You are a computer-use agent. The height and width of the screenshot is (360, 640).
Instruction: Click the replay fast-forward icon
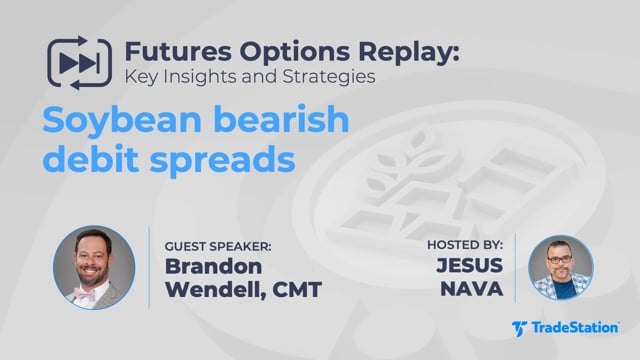(x=80, y=63)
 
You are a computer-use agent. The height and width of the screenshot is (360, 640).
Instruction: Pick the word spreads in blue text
(x=222, y=161)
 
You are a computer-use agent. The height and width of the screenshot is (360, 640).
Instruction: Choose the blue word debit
(x=90, y=158)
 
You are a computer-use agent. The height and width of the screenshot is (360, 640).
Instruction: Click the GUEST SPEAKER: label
(x=218, y=247)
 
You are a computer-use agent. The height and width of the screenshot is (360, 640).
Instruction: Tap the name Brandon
(x=213, y=267)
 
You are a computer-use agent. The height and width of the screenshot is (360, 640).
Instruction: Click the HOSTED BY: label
(x=465, y=245)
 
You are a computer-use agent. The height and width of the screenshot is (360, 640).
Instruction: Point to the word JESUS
(x=469, y=265)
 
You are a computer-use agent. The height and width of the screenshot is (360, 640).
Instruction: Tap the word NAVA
(x=471, y=289)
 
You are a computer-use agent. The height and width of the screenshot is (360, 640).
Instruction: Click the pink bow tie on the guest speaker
(x=85, y=294)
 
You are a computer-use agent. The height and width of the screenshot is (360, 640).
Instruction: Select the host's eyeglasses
(x=560, y=259)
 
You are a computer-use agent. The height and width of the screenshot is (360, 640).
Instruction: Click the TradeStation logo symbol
(x=519, y=329)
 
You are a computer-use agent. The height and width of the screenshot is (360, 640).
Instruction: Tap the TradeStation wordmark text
(x=575, y=328)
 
